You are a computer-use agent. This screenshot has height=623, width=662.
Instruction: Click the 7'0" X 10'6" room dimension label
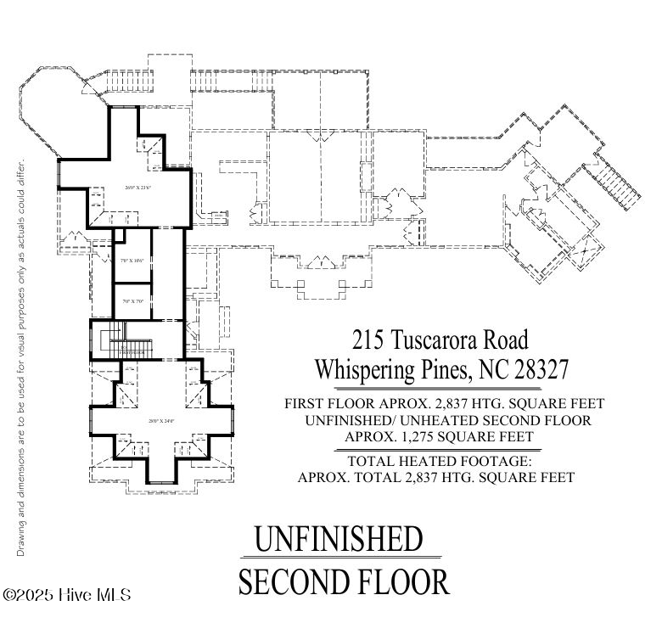coord(132,261)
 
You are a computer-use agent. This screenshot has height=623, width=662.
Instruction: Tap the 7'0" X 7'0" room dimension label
coord(132,301)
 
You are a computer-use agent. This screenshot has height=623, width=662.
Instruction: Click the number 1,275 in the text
coord(414,436)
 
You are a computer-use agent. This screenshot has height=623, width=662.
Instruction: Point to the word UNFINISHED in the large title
coord(339,539)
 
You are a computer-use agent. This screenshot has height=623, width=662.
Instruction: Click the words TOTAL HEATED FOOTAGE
coord(440,461)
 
